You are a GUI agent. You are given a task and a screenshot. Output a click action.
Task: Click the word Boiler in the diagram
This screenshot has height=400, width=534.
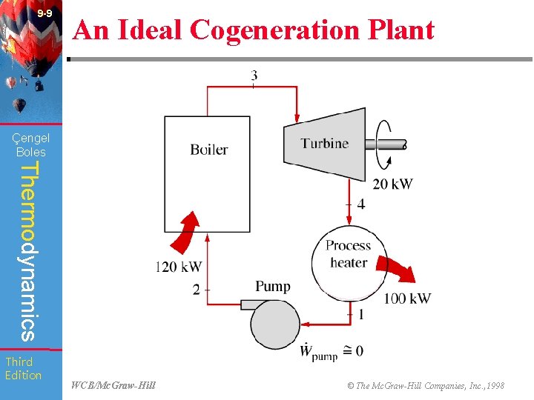tap(208, 150)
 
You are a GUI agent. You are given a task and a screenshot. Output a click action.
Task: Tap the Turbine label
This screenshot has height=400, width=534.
tap(324, 144)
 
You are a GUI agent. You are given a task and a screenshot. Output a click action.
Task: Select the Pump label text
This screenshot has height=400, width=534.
tap(273, 286)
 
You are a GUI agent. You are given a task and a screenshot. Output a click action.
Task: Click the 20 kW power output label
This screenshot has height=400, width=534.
tap(392, 184)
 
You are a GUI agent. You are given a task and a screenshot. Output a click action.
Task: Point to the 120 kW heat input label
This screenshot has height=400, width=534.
tap(179, 267)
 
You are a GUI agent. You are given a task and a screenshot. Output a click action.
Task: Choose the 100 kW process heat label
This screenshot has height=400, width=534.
tap(406, 299)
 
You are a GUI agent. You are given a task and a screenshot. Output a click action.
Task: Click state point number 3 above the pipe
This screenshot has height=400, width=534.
tap(254, 76)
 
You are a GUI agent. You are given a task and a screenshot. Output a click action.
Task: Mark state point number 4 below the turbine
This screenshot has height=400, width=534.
tap(360, 204)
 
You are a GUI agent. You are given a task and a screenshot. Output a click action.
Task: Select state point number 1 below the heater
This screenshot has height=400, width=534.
tap(360, 314)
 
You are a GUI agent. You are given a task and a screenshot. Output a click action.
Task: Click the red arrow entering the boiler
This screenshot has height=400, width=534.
tap(187, 231)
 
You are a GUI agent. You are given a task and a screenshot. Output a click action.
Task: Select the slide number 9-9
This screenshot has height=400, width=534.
tap(44, 13)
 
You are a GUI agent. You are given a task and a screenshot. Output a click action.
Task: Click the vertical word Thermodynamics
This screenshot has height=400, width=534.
tap(28, 251)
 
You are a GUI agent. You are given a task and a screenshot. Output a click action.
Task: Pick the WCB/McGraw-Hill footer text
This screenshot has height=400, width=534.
tap(113, 385)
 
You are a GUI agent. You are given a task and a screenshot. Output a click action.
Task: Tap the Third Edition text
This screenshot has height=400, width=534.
tap(23, 368)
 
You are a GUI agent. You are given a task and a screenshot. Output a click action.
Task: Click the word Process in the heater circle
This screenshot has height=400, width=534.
tap(348, 246)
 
